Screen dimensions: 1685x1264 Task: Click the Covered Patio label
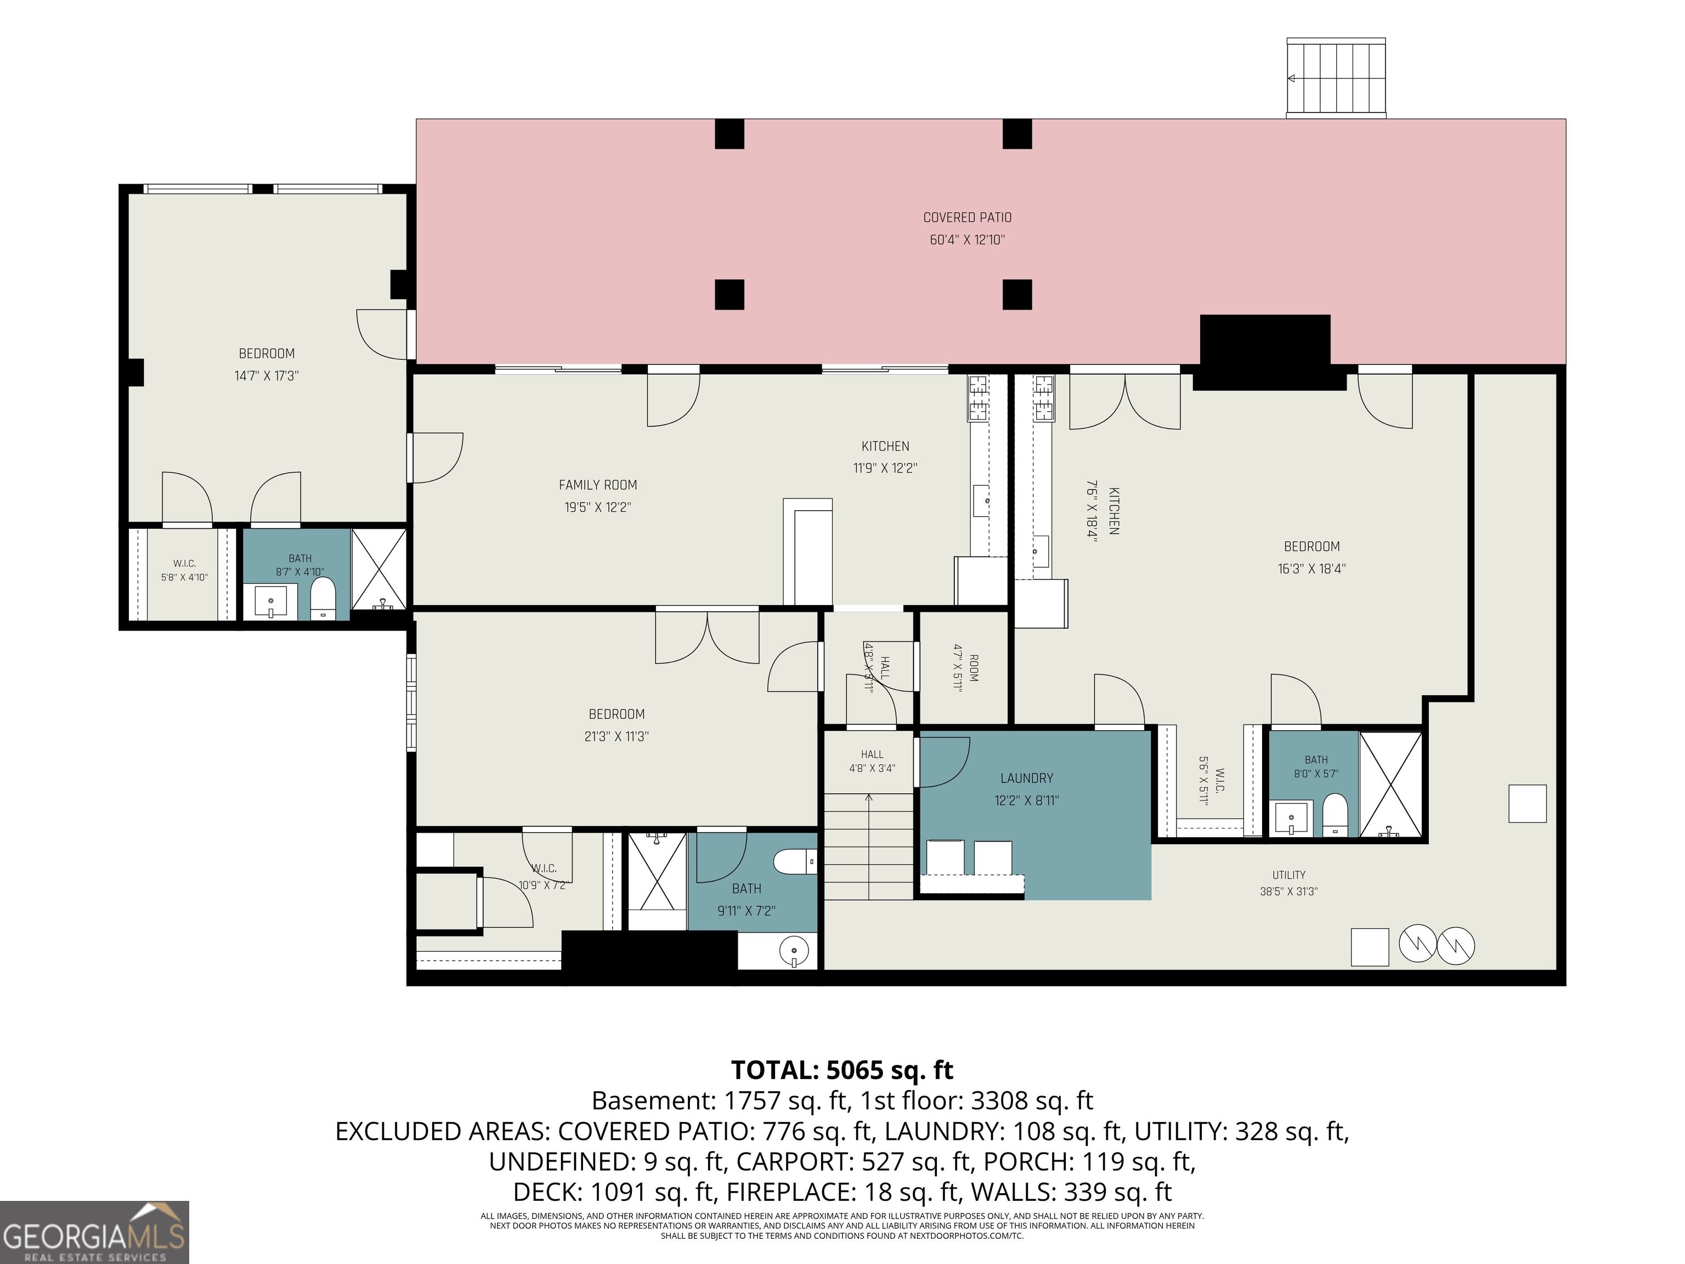point(968,218)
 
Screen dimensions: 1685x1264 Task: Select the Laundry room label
point(1027,778)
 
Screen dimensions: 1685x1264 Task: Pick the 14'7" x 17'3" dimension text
point(266,376)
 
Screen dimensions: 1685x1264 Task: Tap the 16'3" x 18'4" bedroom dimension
point(1311,568)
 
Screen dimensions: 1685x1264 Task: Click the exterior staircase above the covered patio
point(1336,78)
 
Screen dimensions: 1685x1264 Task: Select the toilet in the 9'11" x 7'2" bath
point(795,862)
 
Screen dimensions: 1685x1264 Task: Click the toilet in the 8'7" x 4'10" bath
point(323,597)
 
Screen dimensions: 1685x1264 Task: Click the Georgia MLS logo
point(94,1232)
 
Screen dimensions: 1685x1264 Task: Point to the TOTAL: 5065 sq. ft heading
point(842,1070)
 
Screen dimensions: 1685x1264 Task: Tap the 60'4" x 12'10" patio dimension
point(968,240)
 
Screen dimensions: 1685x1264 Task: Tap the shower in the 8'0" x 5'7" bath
point(1391,785)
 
